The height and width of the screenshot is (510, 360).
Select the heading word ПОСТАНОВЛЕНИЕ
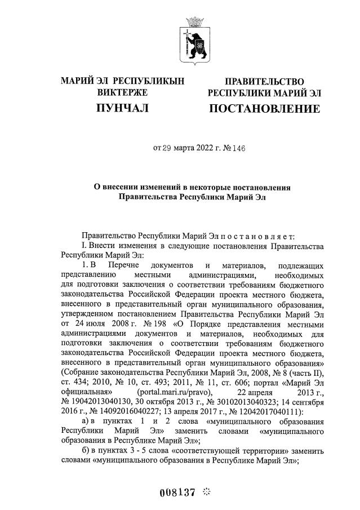pos(264,108)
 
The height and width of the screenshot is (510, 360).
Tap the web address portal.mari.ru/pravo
pos(174,392)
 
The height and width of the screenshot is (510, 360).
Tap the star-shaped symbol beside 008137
pos(206,491)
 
